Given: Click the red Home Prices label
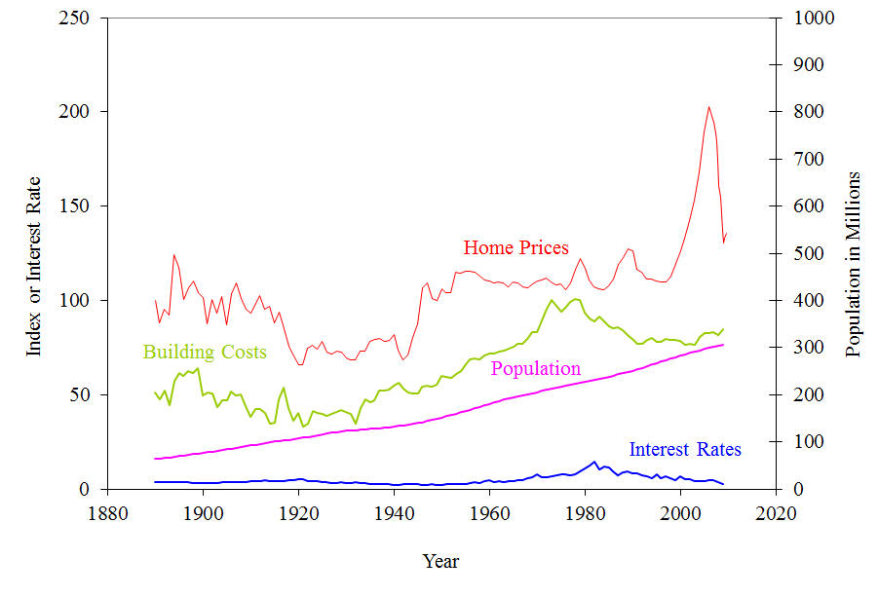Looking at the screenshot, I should point(515,248).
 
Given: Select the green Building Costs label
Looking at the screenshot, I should point(205,353).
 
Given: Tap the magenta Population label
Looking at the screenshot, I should point(535,369).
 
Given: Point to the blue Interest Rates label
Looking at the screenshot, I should point(685,450).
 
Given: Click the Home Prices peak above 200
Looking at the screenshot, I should point(708,107).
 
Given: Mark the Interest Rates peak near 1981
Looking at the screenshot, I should point(593,462).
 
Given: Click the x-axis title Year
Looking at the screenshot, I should point(440,561).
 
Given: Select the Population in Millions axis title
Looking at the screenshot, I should point(854,264).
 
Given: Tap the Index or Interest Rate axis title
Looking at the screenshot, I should point(34,266).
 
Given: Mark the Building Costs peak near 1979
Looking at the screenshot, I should point(575,298).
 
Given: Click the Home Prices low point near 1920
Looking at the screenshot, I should point(300,365).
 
